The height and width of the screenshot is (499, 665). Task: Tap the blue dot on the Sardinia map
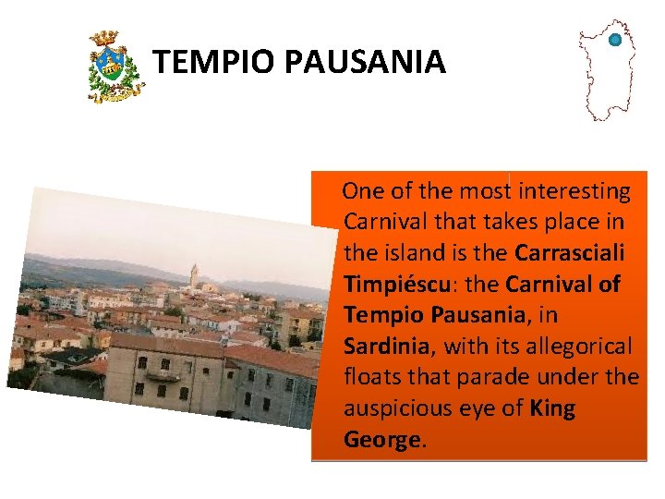[x=614, y=40]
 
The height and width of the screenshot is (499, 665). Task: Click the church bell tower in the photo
[x=193, y=276]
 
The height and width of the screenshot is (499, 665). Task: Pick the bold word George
[x=382, y=440]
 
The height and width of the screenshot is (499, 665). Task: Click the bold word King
[x=553, y=408]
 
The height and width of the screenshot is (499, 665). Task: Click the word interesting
[x=574, y=191]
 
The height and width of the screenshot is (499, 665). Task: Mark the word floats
[x=372, y=378]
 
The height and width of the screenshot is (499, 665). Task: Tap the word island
[x=434, y=252]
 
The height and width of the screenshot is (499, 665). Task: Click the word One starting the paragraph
[x=363, y=191]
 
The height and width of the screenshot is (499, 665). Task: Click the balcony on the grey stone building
[x=163, y=375]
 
